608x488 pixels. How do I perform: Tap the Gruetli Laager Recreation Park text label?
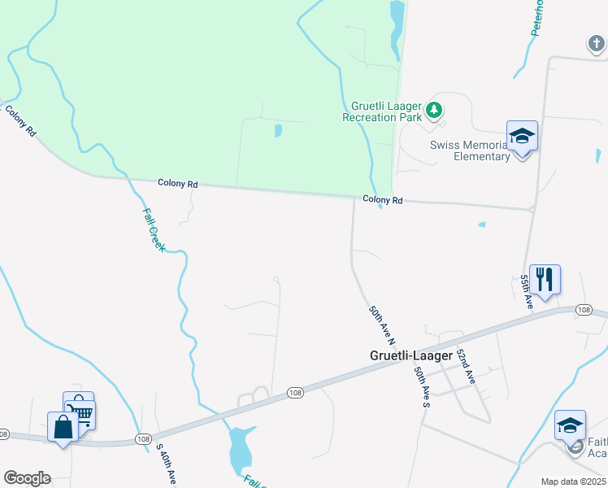pyautogui.click(x=386, y=111)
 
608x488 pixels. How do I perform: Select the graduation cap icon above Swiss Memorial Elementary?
pyautogui.click(x=522, y=136)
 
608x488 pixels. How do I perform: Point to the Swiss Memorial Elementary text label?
pyautogui.click(x=470, y=150)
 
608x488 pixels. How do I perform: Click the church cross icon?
pyautogui.click(x=597, y=43)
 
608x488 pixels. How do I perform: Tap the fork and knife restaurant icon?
pyautogui.click(x=545, y=279)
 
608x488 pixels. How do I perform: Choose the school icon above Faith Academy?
pyautogui.click(x=570, y=425)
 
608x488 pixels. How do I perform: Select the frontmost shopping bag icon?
pyautogui.click(x=63, y=426)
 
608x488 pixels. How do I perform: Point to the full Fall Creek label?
pyautogui.click(x=152, y=229)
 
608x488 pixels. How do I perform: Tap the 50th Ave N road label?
pyautogui.click(x=382, y=324)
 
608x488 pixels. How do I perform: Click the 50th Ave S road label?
pyautogui.click(x=422, y=386)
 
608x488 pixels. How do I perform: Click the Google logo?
pyautogui.click(x=27, y=478)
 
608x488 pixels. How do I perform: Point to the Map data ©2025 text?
pyautogui.click(x=573, y=481)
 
